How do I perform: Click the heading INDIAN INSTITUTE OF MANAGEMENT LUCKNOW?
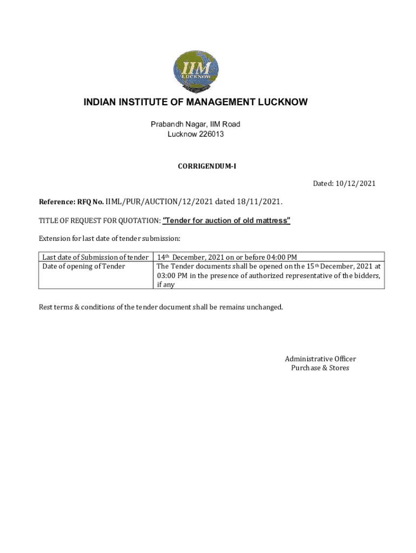point(195,102)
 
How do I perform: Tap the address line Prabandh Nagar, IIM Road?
point(195,124)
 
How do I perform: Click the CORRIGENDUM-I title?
point(207,166)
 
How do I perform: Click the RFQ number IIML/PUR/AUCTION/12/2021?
point(159,202)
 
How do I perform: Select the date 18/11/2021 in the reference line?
point(261,202)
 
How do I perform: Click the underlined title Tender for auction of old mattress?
point(226,220)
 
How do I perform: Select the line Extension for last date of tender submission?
point(109,238)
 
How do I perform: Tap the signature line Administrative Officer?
point(320,359)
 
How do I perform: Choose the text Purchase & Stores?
point(320,368)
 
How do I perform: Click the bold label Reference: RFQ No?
point(71,202)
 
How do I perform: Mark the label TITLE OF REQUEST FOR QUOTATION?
point(99,220)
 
